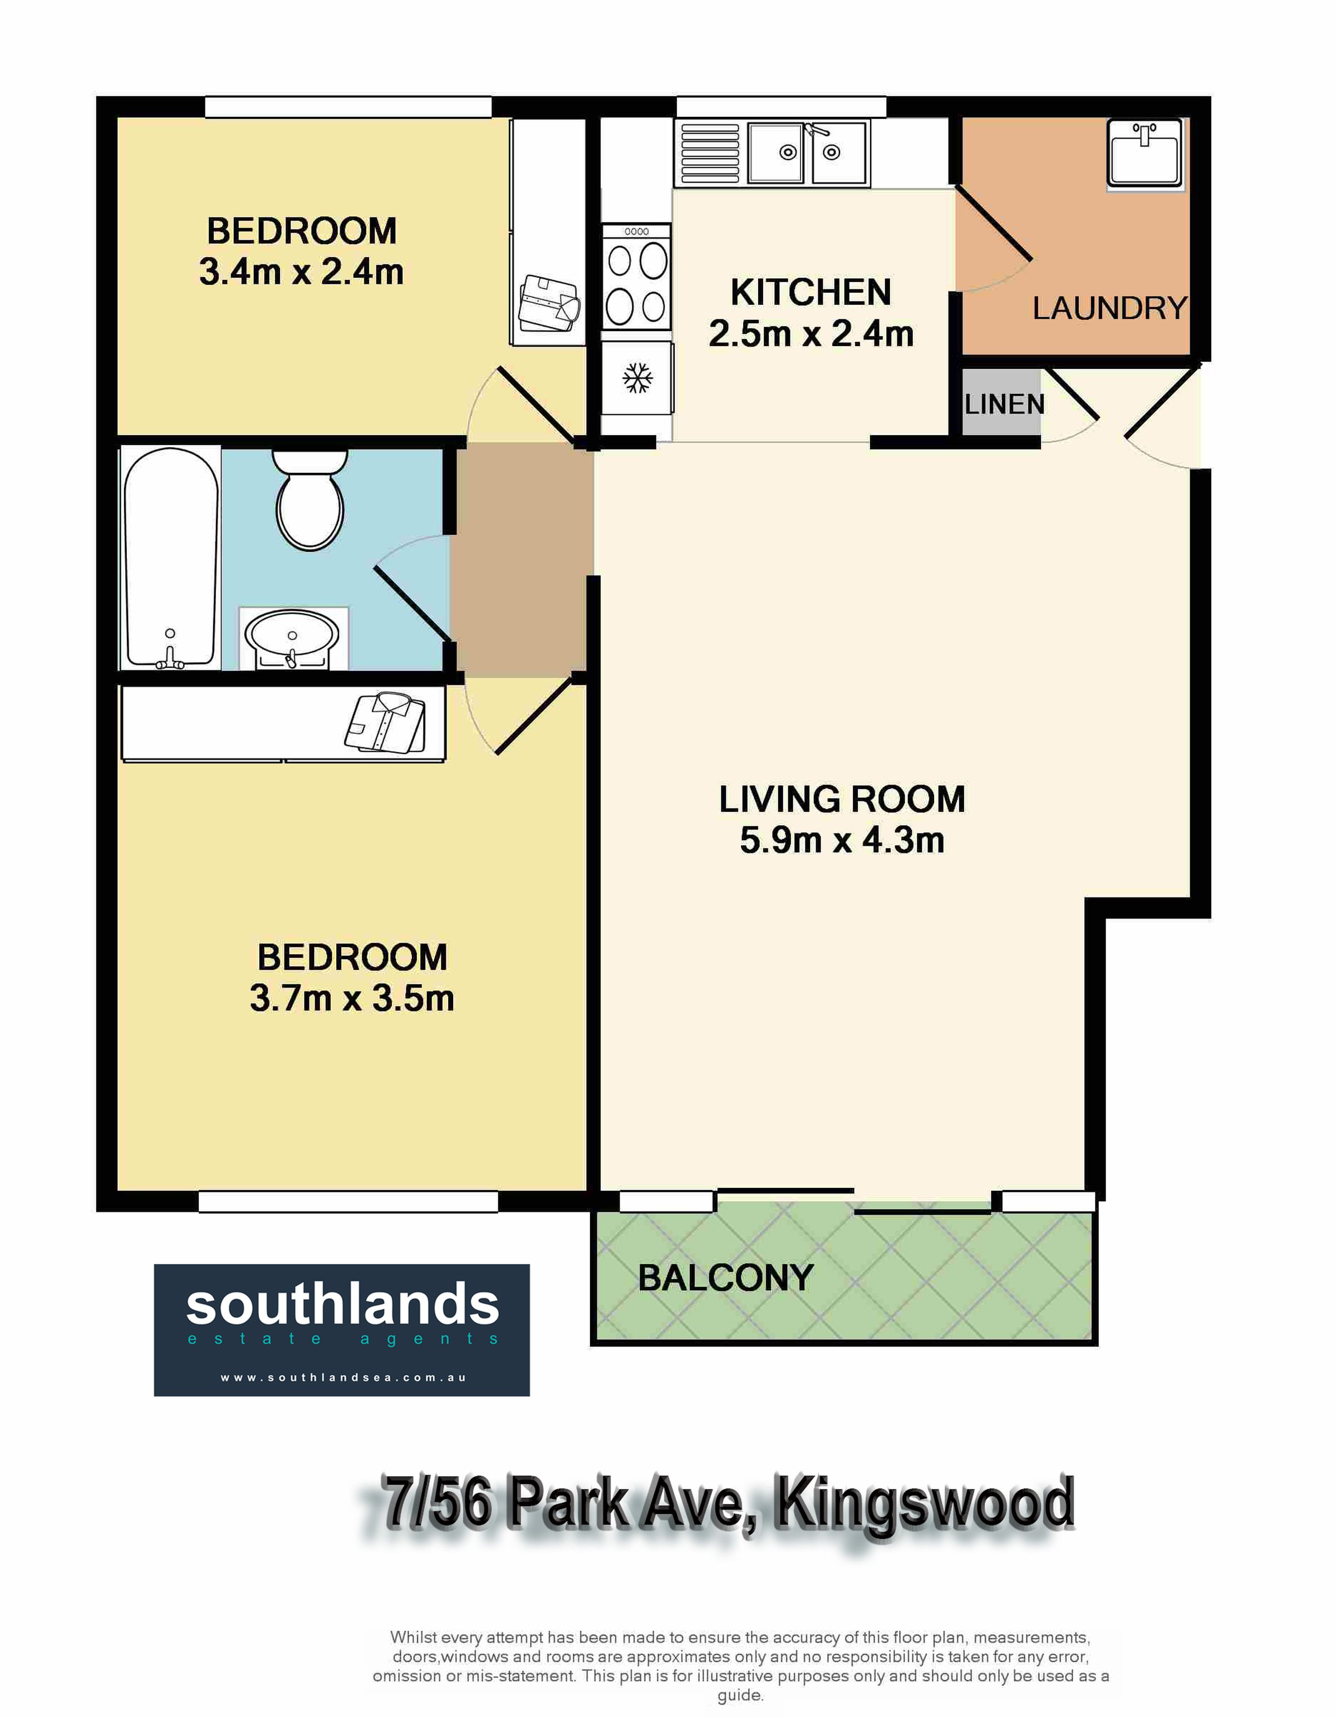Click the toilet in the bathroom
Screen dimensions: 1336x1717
coord(310,499)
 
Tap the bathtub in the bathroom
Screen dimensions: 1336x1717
coord(171,558)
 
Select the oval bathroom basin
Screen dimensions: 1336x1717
coord(292,637)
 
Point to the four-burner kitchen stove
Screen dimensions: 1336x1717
coord(636,277)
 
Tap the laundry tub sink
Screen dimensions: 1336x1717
coord(1145,154)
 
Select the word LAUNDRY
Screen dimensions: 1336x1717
coord(1109,308)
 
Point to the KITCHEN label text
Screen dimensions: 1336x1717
coord(811,293)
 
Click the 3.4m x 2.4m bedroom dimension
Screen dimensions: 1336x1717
coord(301,272)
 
